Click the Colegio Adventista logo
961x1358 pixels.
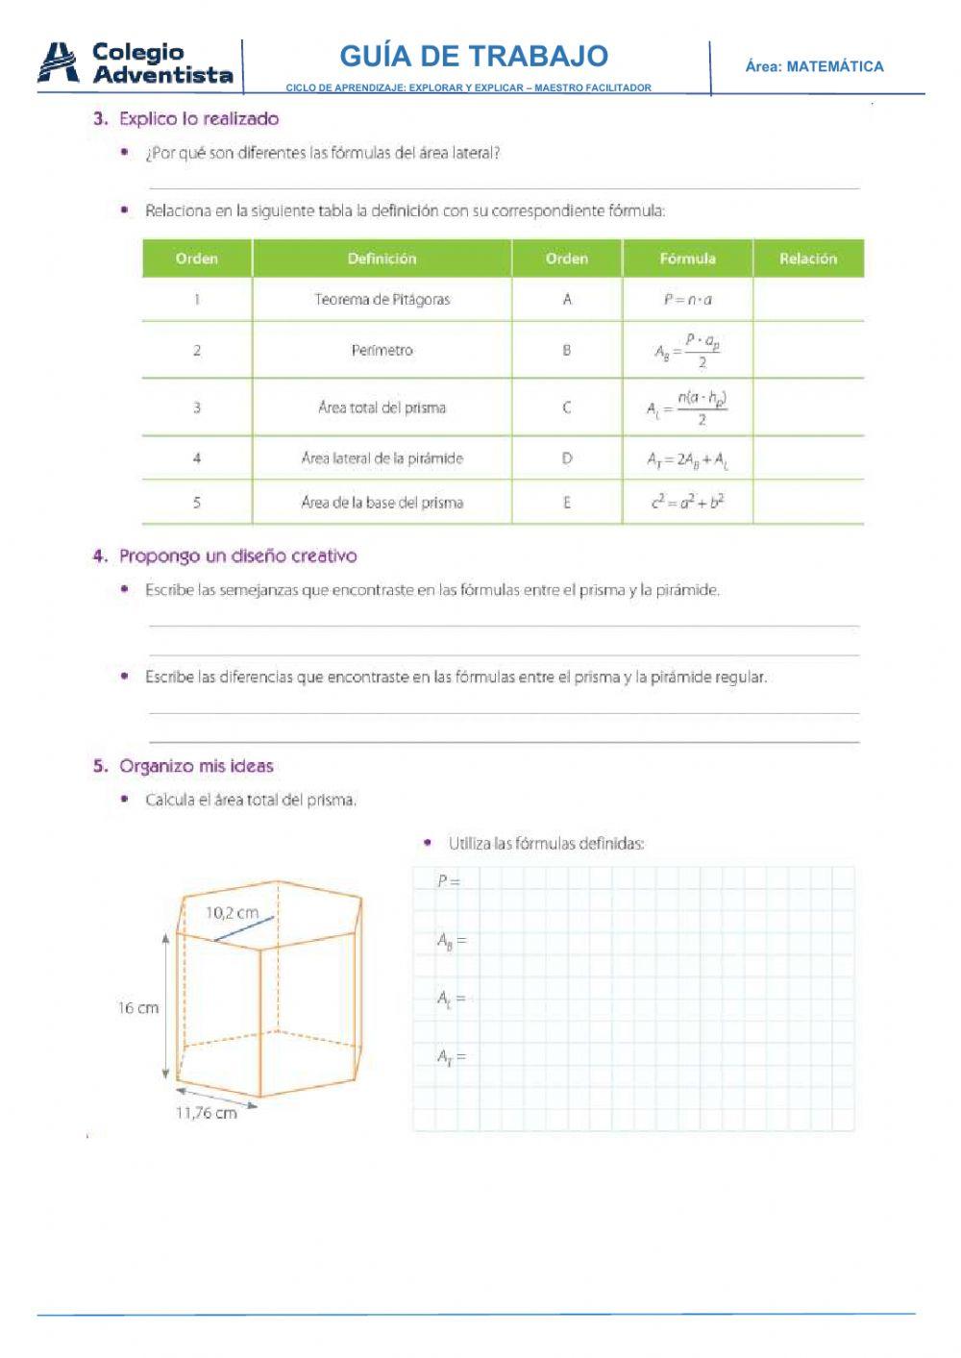(x=136, y=63)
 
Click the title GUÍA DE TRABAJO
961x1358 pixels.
(x=474, y=56)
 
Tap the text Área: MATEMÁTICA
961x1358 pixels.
(x=814, y=66)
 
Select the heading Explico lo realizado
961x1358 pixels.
(x=198, y=119)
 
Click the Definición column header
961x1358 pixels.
(x=382, y=259)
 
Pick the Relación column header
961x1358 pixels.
(x=807, y=259)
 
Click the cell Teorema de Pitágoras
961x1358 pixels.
(x=382, y=300)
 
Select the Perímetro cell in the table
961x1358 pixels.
(x=382, y=350)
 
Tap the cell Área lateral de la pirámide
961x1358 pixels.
(x=382, y=458)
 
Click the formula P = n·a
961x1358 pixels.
(x=687, y=300)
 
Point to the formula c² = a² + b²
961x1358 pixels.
(x=687, y=502)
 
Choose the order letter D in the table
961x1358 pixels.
(x=566, y=458)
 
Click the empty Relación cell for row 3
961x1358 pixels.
(x=807, y=407)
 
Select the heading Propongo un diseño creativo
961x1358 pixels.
(x=237, y=556)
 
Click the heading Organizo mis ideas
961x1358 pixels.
(x=196, y=766)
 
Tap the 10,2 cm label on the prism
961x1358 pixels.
(x=232, y=913)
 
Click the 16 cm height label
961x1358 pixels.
(x=138, y=1008)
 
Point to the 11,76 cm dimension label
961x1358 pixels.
(x=206, y=1113)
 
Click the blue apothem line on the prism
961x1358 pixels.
(x=244, y=928)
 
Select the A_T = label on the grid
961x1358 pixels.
(x=451, y=1057)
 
